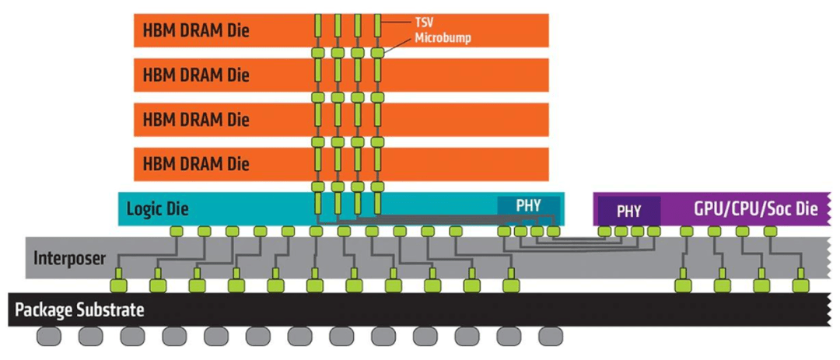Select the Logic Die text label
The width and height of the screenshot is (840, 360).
[x=158, y=209]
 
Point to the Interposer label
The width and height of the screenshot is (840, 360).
[x=69, y=258]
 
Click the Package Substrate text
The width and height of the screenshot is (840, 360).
[x=80, y=309]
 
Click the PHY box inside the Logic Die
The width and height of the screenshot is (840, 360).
[x=529, y=205]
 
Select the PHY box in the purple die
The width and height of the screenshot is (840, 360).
[x=628, y=211]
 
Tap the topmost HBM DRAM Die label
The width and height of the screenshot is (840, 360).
[x=196, y=32]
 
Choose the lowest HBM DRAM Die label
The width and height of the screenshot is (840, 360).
[x=196, y=165]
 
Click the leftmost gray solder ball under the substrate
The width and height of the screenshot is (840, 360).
[x=49, y=337]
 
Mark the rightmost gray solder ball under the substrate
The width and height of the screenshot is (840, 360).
[x=551, y=337]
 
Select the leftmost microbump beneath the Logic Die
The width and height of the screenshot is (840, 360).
[x=176, y=231]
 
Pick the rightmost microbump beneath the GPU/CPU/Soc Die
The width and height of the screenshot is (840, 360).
[x=770, y=231]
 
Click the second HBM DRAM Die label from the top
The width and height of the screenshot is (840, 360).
[x=196, y=76]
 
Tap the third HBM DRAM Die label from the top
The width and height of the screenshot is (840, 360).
[x=196, y=121]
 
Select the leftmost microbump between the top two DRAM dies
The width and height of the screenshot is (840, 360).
[x=318, y=53]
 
